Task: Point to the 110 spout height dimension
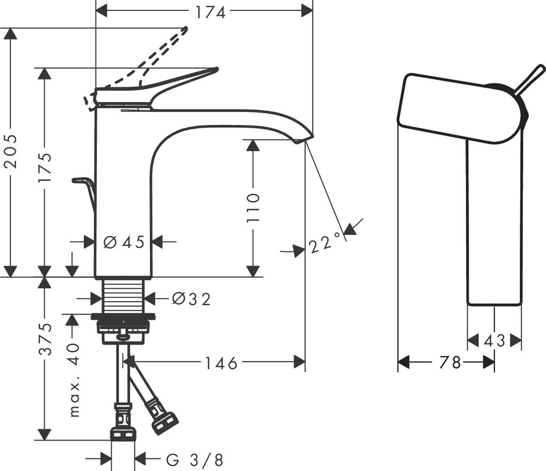253,207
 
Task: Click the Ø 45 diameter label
123,242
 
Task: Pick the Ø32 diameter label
191,299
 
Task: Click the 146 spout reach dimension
220,363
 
